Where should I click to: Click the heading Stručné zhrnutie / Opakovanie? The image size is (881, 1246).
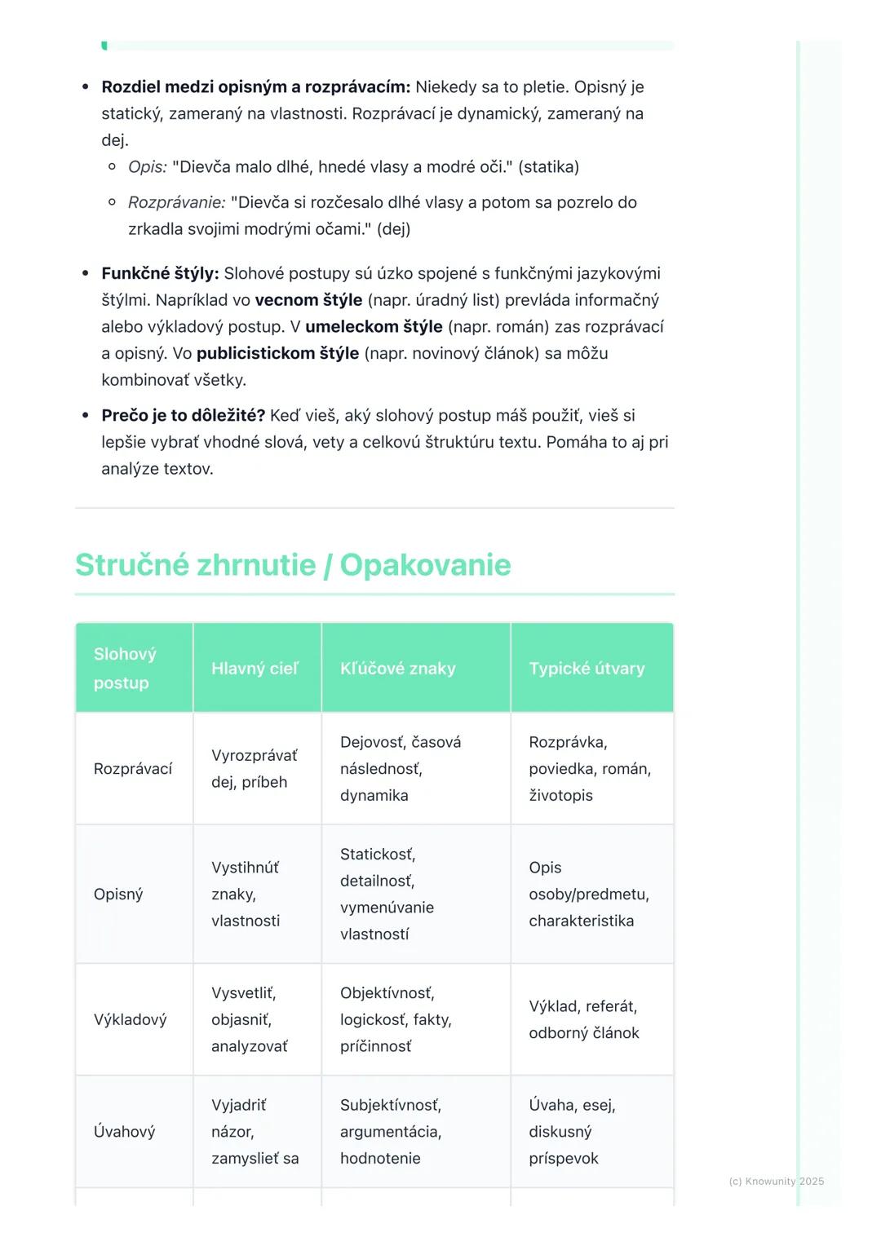coord(293,565)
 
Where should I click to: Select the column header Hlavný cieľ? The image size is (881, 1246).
coord(255,669)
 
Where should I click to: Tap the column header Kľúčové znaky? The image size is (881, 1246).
coord(397,669)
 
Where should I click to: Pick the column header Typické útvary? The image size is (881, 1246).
coord(587,669)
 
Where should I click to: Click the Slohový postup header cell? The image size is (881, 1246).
coord(125,669)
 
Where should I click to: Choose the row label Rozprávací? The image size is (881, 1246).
coord(133,769)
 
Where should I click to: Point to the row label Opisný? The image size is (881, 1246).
coord(118,895)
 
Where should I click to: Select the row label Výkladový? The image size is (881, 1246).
coord(130,1020)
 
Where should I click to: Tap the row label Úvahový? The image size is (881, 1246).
coord(124,1132)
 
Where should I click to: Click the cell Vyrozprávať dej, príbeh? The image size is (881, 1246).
coord(254,769)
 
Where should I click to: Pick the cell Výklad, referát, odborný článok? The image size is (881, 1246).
coord(583,1020)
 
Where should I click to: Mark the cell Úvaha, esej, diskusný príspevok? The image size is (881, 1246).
coord(571,1132)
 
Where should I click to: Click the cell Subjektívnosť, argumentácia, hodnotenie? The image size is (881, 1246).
coord(390,1132)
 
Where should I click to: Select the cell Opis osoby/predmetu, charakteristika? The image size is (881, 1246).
coord(588,895)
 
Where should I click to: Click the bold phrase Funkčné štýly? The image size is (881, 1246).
coord(160,273)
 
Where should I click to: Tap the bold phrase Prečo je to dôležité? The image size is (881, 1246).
coord(183,416)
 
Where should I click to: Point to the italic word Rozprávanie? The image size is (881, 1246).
coord(176,202)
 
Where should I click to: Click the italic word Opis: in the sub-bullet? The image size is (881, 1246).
coord(147,167)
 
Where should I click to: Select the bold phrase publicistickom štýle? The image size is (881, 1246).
coord(277,354)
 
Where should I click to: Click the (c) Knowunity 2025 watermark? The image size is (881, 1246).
coord(776,1182)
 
